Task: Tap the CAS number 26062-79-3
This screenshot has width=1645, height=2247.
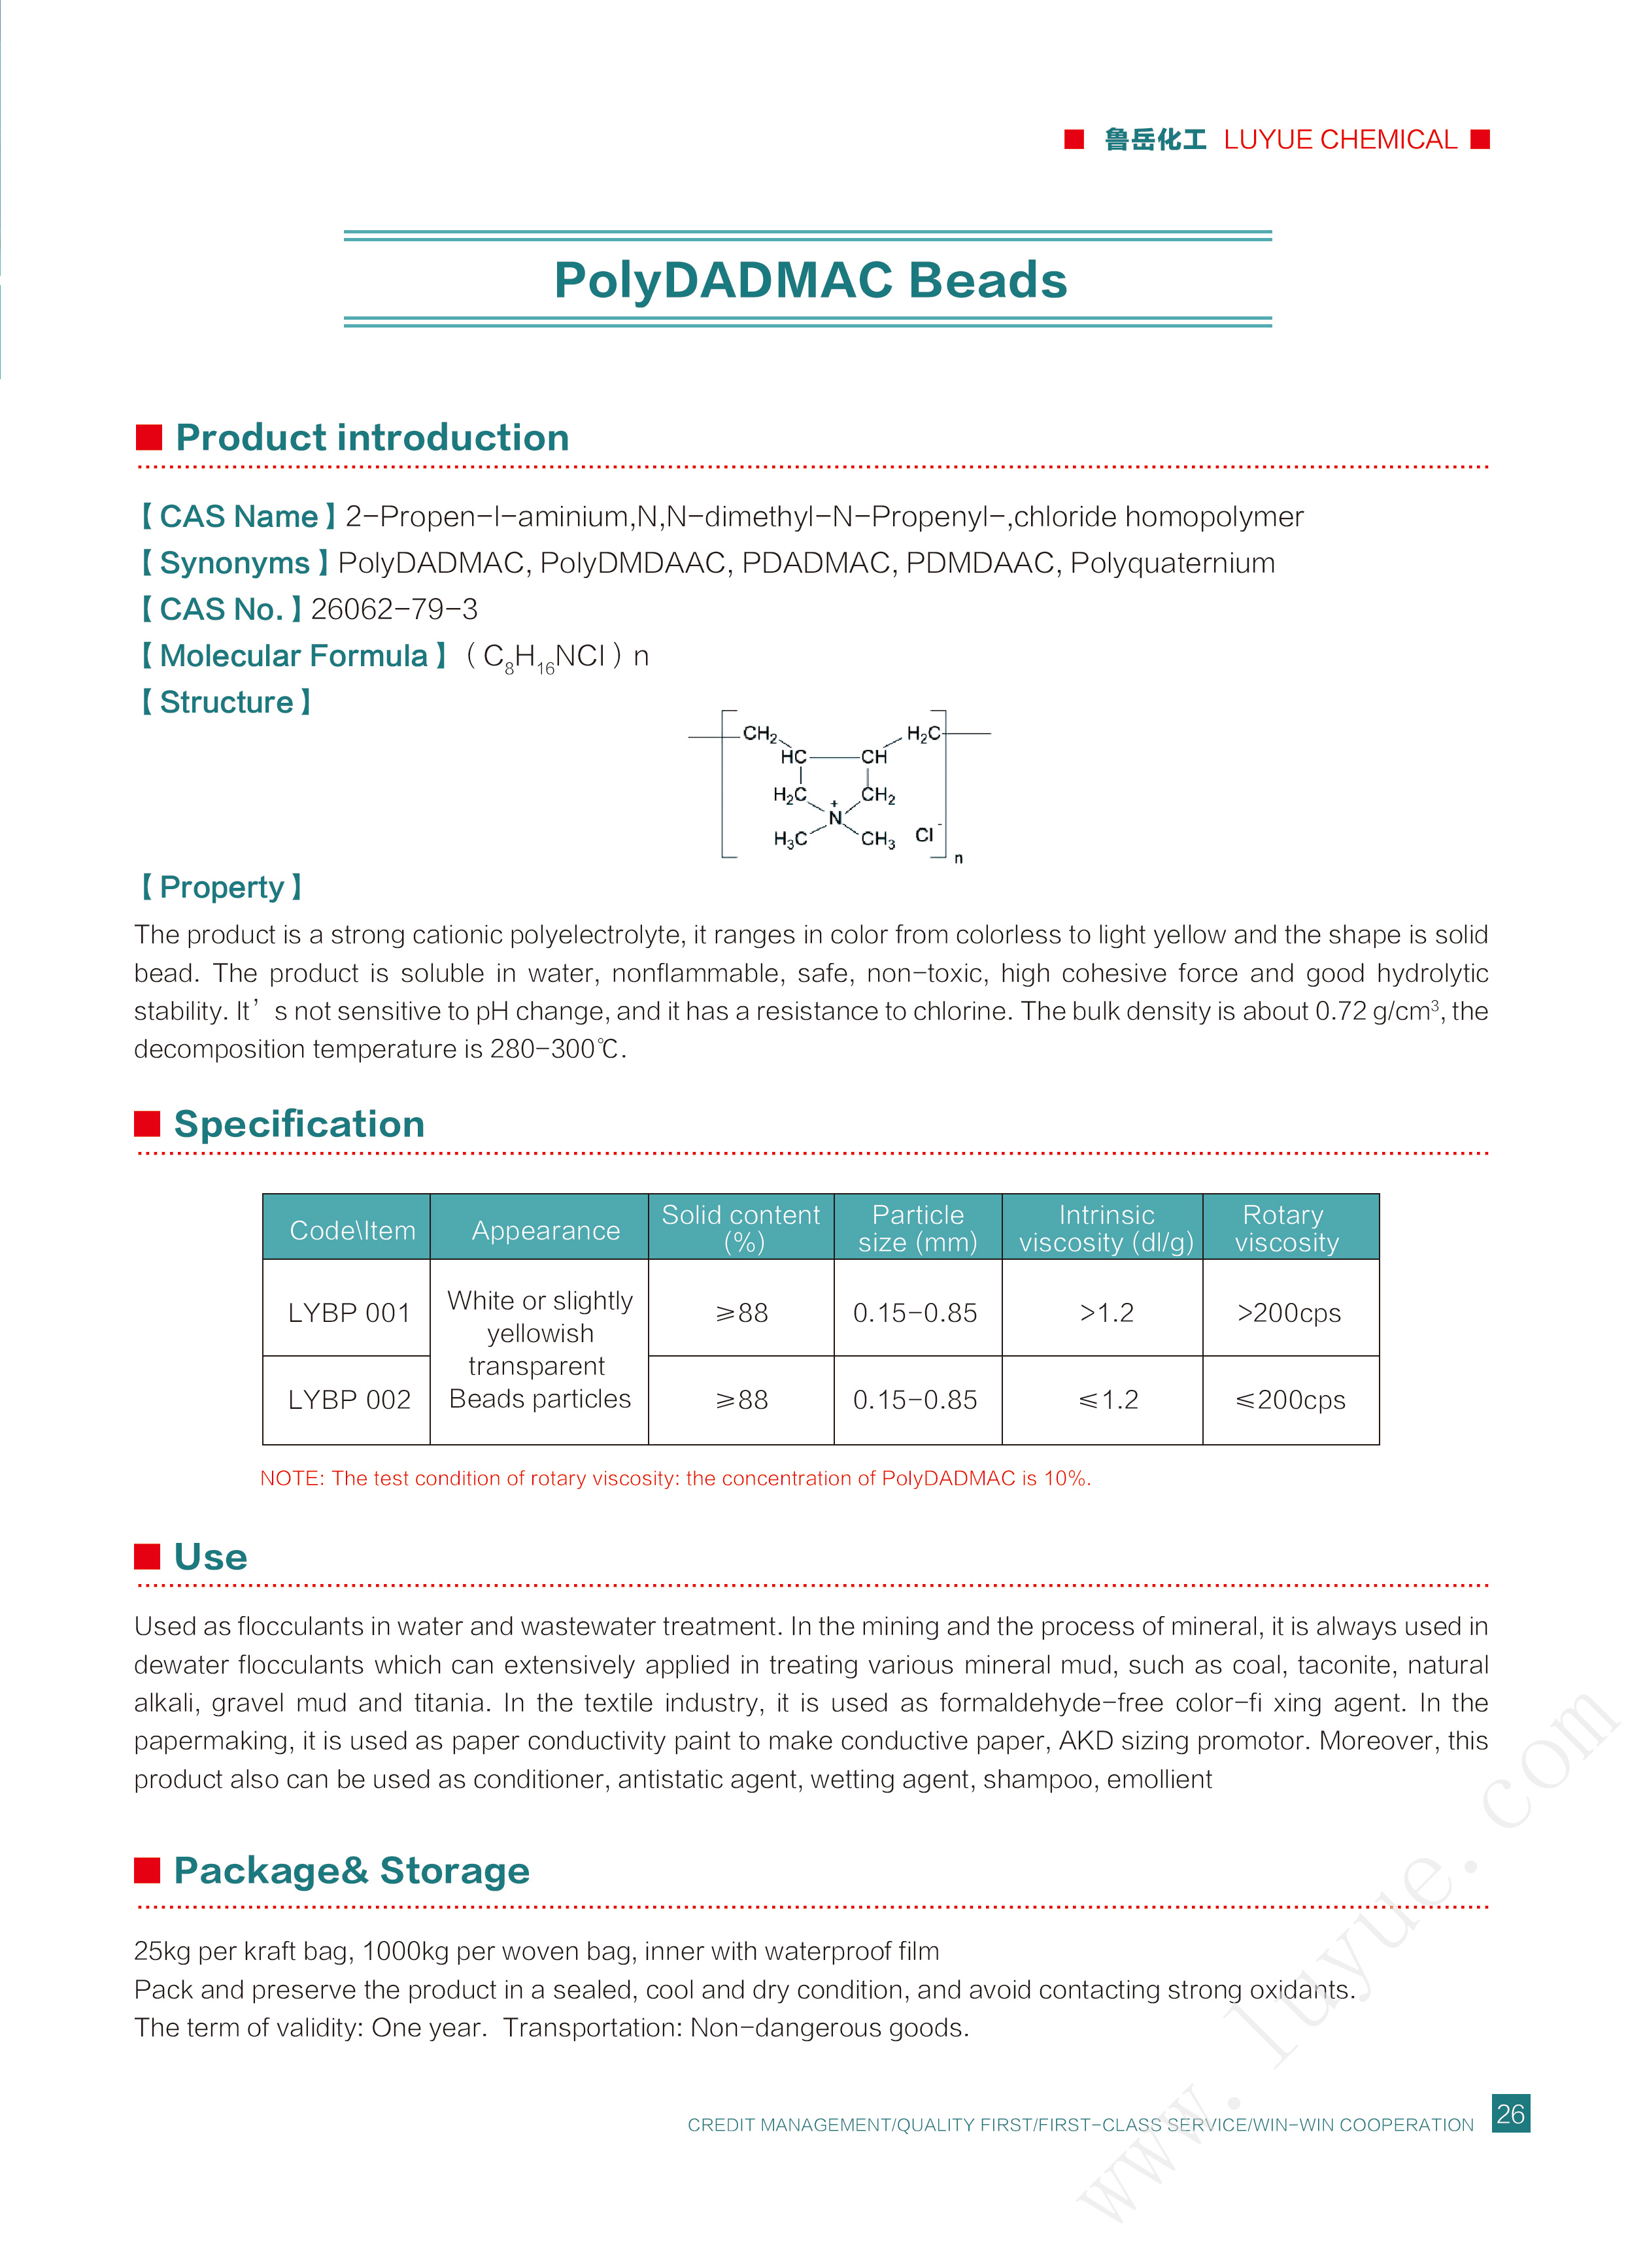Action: [394, 609]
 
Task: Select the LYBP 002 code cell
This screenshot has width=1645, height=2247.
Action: [348, 1399]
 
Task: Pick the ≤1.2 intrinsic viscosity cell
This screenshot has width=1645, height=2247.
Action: [1108, 1399]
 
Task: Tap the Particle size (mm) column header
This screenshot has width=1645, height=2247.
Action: [917, 1228]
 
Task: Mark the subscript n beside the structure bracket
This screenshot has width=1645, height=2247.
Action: [958, 858]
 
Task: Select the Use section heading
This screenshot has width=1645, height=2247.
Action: [210, 1556]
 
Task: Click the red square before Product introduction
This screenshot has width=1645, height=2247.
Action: [149, 437]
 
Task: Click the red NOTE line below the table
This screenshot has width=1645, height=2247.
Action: [675, 1478]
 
